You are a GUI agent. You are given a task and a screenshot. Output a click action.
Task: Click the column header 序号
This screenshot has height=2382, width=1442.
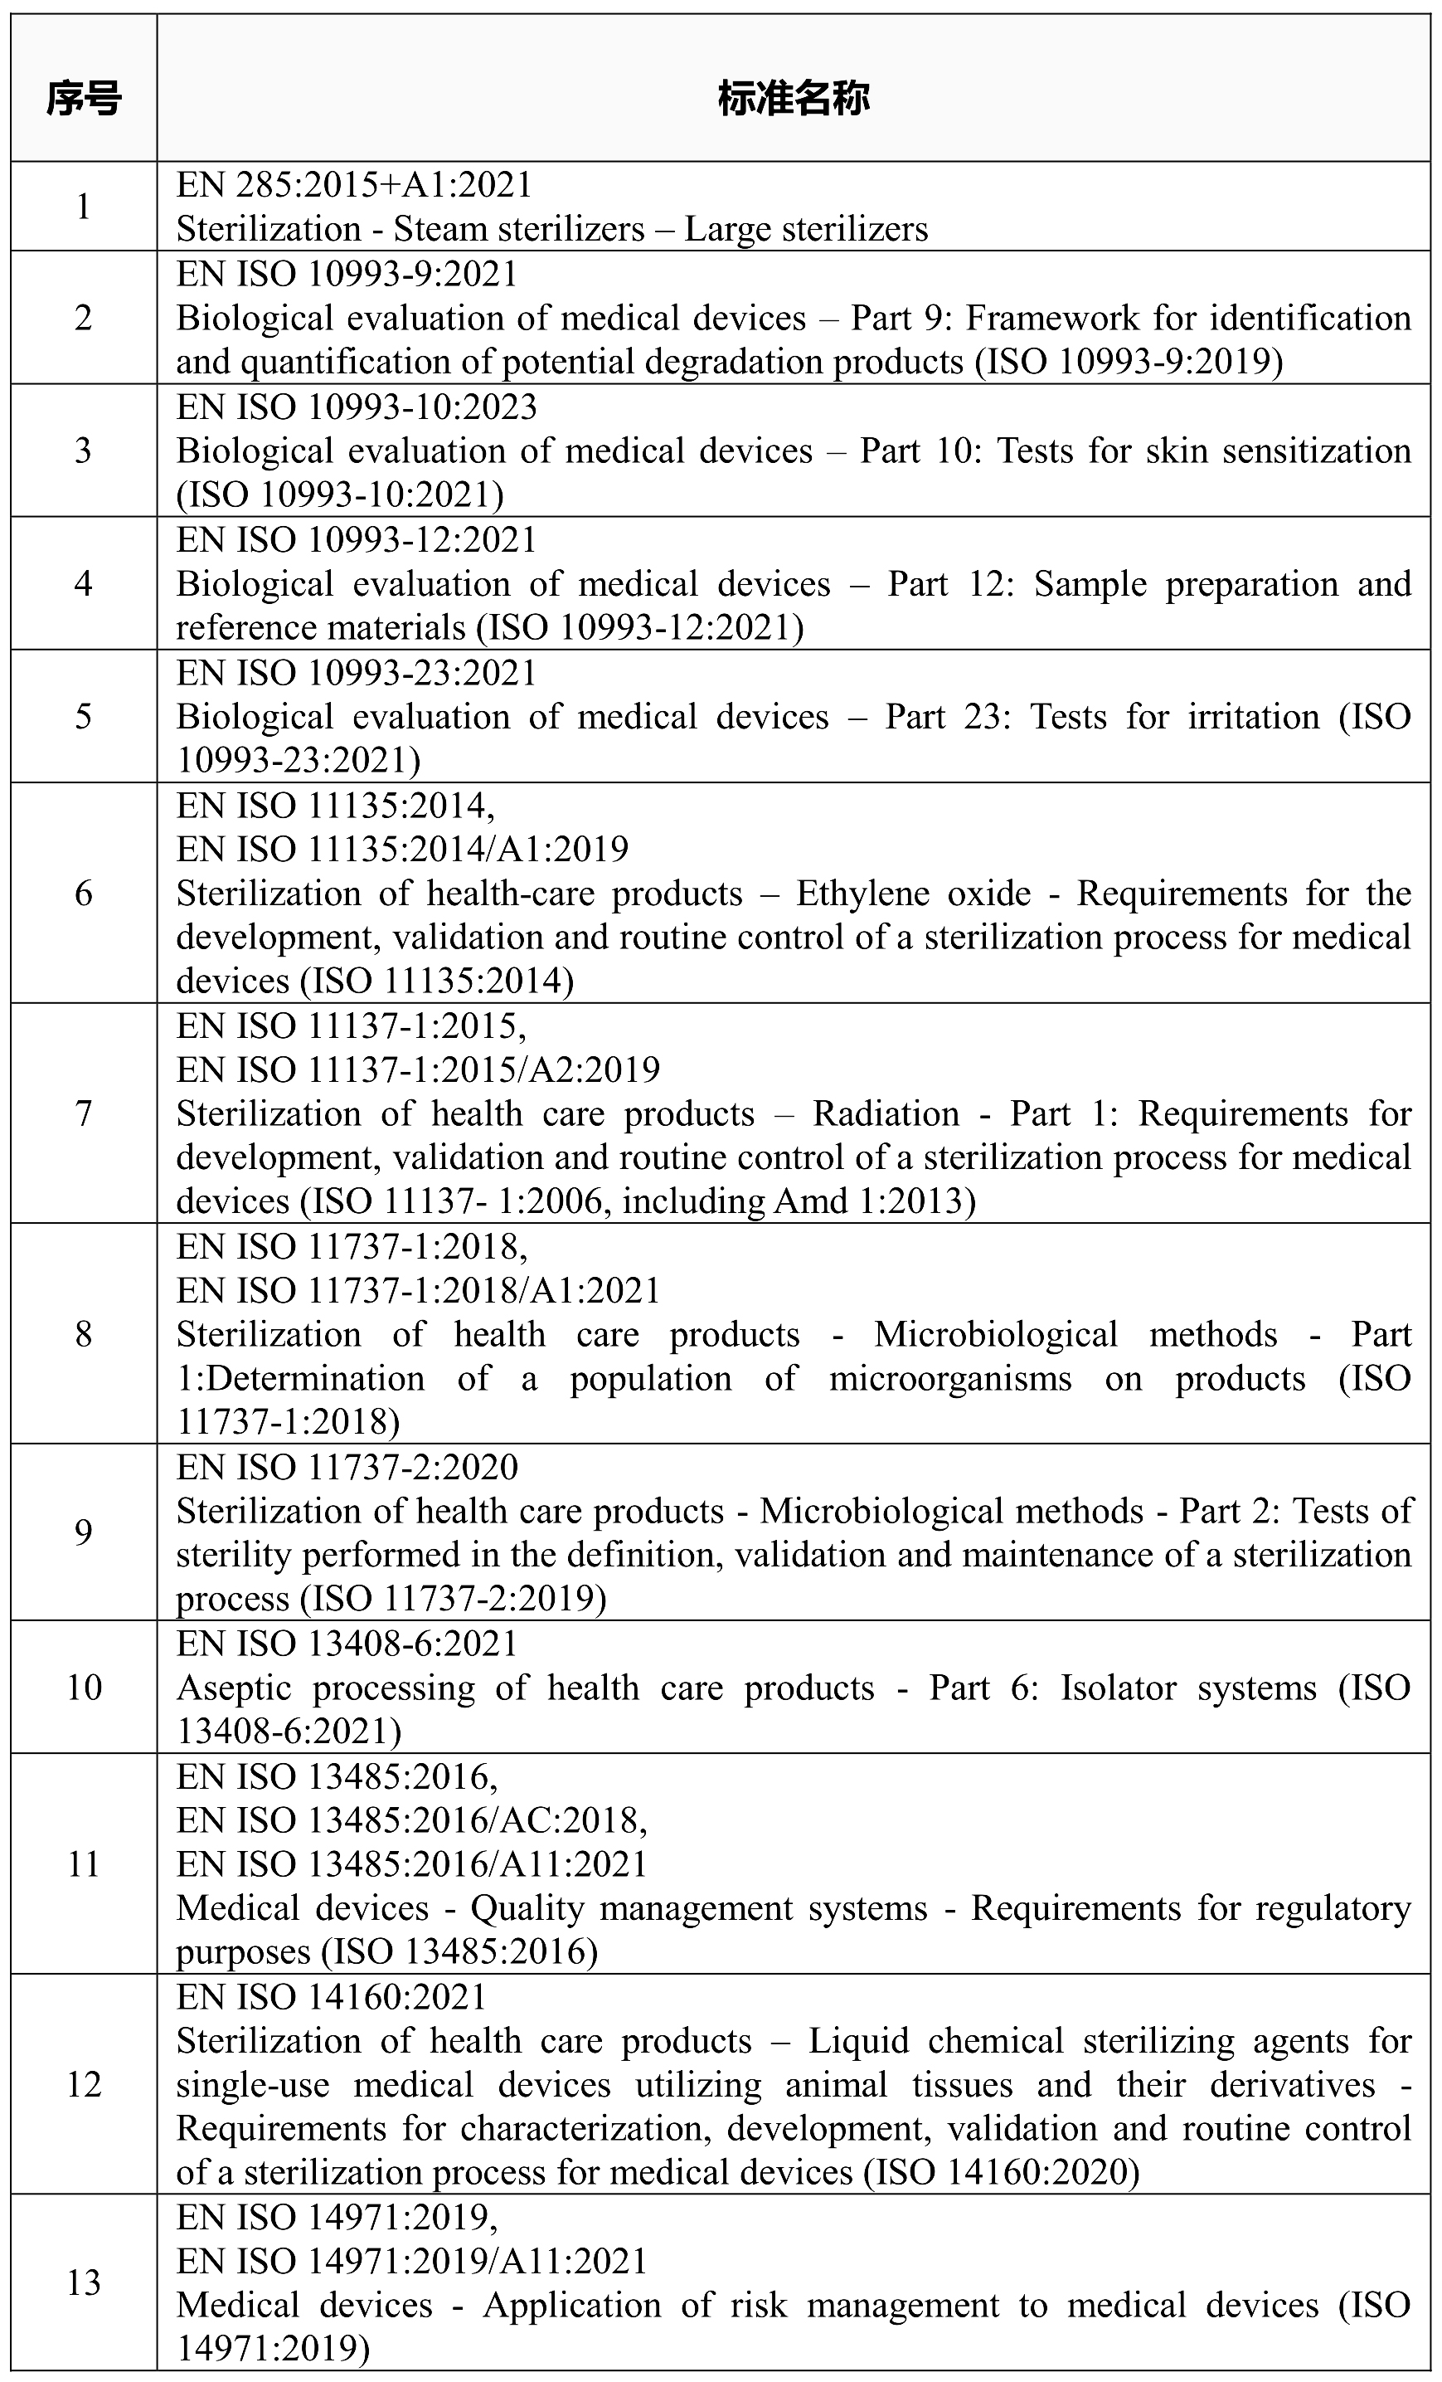pos(84,99)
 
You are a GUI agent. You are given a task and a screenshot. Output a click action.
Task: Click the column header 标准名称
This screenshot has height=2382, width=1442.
pos(793,99)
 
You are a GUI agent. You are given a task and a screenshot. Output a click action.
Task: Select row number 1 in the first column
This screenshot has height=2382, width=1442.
pos(84,207)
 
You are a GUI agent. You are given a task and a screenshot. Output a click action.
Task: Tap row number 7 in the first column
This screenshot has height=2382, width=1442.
pos(84,1113)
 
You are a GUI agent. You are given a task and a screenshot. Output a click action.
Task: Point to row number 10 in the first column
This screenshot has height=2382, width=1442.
pos(84,1688)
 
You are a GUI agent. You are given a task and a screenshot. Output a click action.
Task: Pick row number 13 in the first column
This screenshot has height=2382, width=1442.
pos(84,2282)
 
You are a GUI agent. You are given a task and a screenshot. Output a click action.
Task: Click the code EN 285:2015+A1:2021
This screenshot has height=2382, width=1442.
pos(354,185)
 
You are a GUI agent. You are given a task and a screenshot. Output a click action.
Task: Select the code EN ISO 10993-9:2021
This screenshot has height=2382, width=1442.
pos(347,275)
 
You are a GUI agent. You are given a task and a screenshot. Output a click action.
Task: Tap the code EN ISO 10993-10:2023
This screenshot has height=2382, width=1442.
pos(356,407)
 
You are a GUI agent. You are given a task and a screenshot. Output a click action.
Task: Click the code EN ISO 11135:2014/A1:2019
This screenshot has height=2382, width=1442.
pos(402,849)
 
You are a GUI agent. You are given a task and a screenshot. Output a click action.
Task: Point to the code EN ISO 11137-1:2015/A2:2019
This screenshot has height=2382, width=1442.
pos(418,1069)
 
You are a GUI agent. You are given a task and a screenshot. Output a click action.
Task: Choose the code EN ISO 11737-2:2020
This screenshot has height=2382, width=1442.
pos(347,1468)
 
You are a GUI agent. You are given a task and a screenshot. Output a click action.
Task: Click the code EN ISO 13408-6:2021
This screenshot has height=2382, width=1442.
pos(347,1644)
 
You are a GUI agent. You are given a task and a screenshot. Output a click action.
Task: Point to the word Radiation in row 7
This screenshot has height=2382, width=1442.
pos(886,1113)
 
